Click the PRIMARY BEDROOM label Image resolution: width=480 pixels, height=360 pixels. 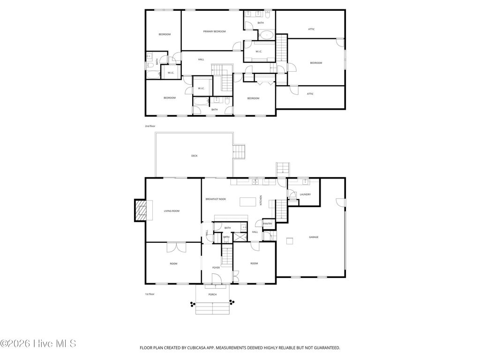tap(214, 31)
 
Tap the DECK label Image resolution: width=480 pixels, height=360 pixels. tap(194, 156)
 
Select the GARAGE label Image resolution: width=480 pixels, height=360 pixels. tap(314, 237)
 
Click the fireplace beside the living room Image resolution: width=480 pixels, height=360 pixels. tap(141, 210)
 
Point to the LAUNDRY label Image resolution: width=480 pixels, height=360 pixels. tap(305, 195)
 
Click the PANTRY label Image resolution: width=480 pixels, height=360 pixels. tap(268, 224)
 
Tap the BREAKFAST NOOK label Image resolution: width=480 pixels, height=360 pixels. tap(216, 199)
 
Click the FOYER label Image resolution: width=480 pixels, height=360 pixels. tap(216, 268)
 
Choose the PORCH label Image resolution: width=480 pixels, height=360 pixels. tap(212, 294)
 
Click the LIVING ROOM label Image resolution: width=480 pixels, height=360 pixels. tap(172, 211)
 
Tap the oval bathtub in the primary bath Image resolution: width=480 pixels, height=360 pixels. tap(267, 35)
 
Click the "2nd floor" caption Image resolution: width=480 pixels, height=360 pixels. tap(150, 126)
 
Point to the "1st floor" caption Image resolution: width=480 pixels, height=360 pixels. tap(150, 294)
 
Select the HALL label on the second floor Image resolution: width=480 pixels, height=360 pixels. tap(201, 60)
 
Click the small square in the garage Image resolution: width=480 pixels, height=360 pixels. tap(290, 241)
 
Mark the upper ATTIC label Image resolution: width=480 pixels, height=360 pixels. tap(311, 29)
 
